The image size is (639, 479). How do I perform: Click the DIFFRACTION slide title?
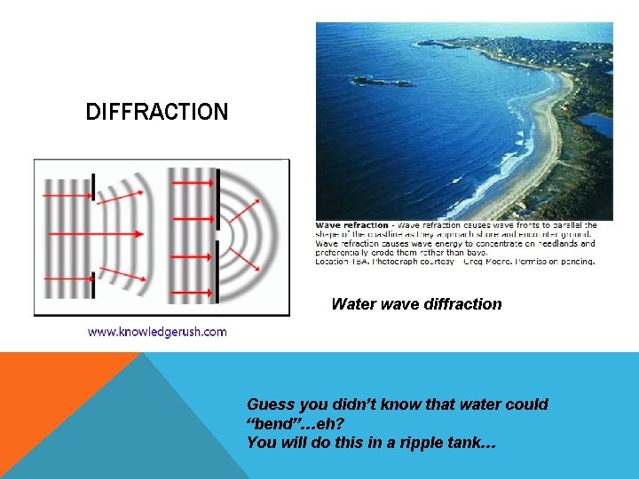(x=156, y=113)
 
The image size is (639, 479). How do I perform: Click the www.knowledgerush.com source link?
(x=156, y=332)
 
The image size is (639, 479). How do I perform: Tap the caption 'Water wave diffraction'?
(x=416, y=304)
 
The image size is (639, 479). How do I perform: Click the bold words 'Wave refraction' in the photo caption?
(x=352, y=225)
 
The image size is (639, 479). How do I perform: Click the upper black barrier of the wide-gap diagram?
(x=93, y=187)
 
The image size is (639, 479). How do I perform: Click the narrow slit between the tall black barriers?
(x=217, y=234)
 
